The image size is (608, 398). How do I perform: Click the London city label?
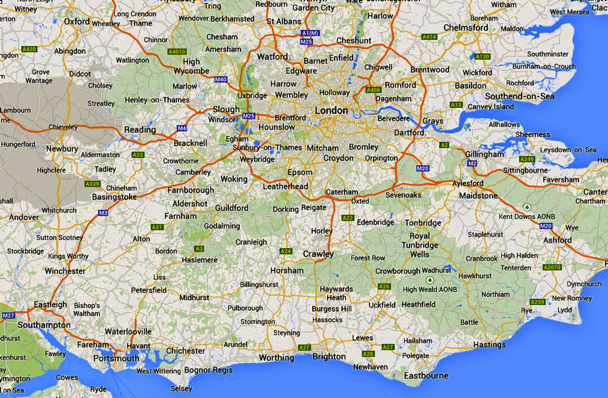click(331, 111)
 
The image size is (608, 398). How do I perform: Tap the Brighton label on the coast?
click(328, 357)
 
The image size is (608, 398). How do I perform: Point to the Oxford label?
click(77, 22)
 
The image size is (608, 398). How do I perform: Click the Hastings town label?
click(488, 345)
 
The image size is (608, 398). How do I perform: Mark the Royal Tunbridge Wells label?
click(420, 246)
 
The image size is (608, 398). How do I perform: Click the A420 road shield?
click(29, 49)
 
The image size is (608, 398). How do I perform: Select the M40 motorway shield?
click(221, 80)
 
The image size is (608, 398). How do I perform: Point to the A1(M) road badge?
click(310, 33)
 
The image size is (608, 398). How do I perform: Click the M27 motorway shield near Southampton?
click(8, 316)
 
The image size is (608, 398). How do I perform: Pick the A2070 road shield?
click(552, 268)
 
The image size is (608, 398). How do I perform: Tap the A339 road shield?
click(93, 184)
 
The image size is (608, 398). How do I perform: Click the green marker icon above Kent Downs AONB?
click(526, 206)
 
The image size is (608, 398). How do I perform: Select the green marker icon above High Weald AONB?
click(428, 279)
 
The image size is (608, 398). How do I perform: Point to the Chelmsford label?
click(466, 28)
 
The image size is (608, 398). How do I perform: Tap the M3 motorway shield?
click(103, 213)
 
